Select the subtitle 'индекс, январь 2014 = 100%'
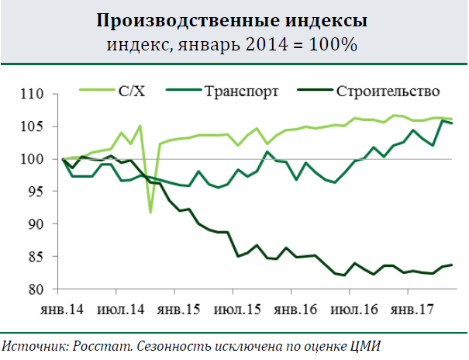point(233,44)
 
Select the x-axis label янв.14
point(62,309)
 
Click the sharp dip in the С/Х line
point(150,212)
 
